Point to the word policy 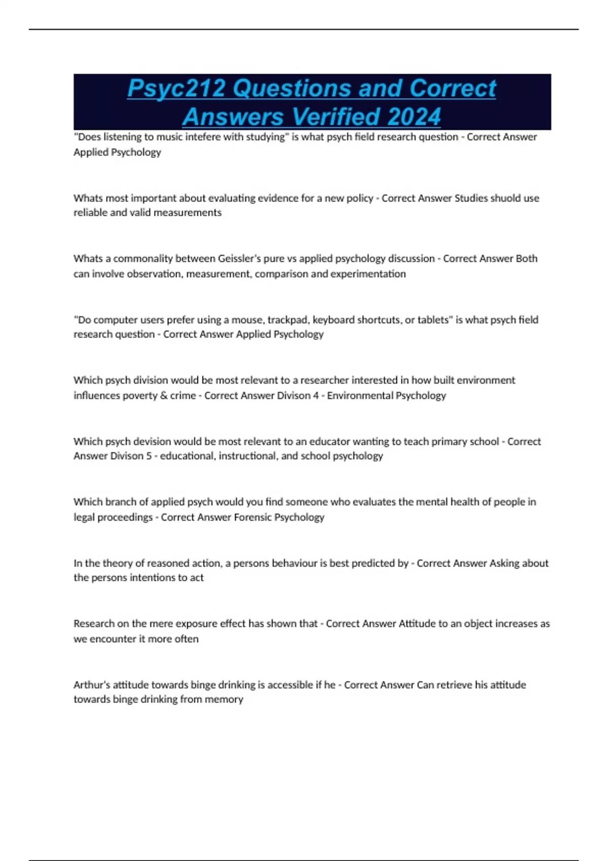(359, 198)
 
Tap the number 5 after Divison (149, 456)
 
